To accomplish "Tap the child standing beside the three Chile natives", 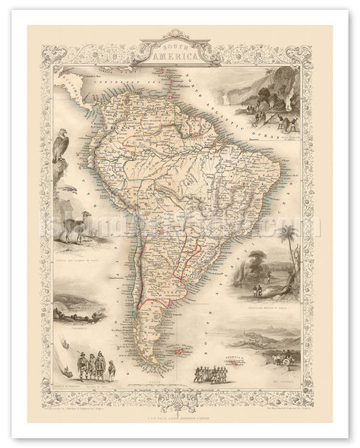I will [113, 371].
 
